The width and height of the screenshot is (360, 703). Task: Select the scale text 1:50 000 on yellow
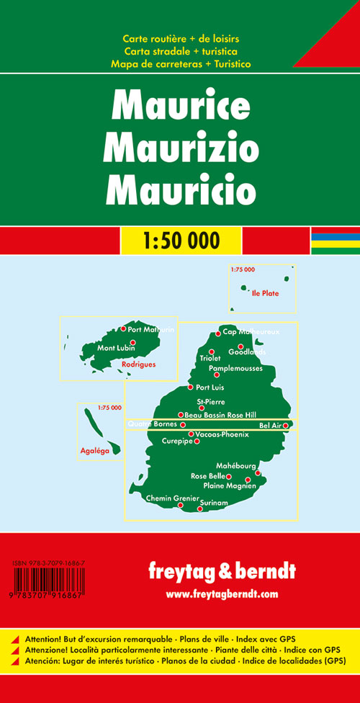coord(180,241)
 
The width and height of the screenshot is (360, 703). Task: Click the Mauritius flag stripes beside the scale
coord(335,241)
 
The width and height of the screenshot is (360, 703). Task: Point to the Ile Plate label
coord(264,294)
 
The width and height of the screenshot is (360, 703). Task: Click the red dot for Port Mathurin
coord(123,329)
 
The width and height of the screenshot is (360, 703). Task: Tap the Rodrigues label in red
coord(138,364)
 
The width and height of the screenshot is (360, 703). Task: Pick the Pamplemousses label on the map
coord(235,368)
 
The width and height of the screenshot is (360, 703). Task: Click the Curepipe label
coord(177,441)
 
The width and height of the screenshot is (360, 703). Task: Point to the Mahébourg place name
coord(235,465)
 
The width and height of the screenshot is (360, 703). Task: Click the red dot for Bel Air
coord(286,426)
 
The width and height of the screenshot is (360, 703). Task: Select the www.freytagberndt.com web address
coord(222,594)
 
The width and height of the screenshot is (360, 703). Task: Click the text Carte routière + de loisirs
coord(179,37)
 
